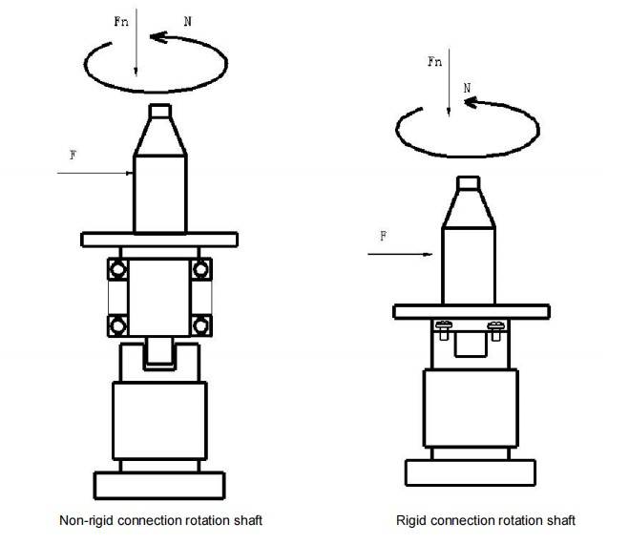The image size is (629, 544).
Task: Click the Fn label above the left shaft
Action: pos(121,21)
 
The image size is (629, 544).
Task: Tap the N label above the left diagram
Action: pos(187,21)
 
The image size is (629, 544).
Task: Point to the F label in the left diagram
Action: pos(73,155)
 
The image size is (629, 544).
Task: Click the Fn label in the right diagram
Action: pos(435,61)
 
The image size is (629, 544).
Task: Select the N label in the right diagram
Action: pos(467,88)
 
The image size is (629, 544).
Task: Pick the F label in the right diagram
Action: pos(384,236)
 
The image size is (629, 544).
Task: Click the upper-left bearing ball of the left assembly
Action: pos(118,269)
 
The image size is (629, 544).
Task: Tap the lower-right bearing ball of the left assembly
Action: pos(200,325)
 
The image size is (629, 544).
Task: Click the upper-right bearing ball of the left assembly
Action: pos(200,269)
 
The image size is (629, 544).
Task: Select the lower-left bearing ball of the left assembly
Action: pos(118,325)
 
